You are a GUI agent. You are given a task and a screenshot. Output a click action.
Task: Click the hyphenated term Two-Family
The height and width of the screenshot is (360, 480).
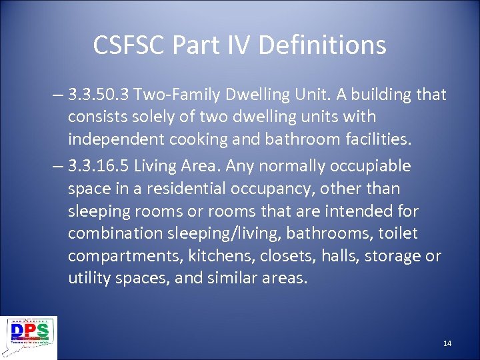(x=170, y=95)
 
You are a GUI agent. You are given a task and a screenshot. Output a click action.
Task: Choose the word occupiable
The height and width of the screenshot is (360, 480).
(x=371, y=165)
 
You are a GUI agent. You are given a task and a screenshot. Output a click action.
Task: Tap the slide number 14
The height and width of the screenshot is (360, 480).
(x=447, y=343)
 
